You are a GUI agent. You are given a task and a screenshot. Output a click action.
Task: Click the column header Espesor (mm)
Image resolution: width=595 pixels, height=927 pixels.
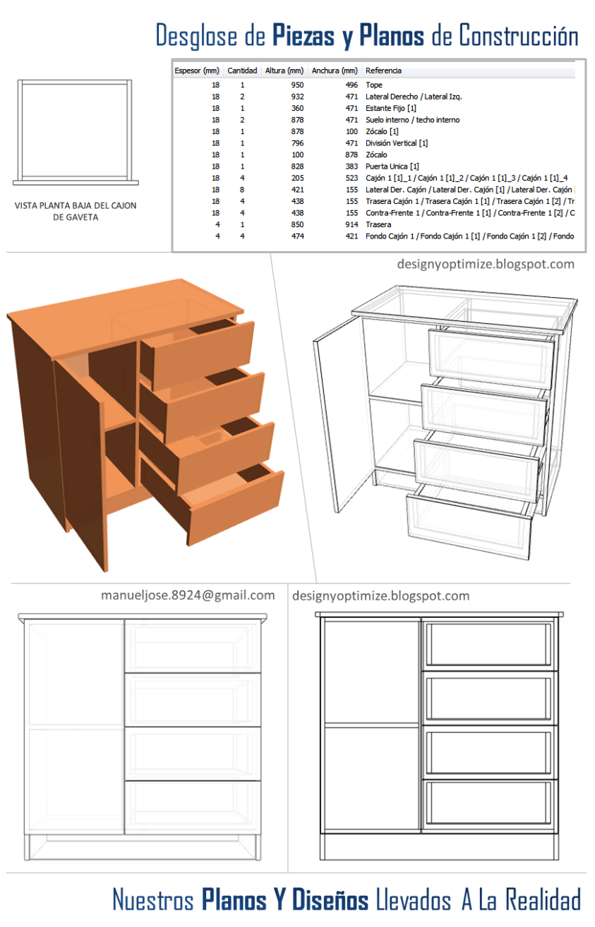pos(197,71)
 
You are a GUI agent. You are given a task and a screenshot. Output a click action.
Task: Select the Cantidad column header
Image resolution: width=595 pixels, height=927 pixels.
pos(242,71)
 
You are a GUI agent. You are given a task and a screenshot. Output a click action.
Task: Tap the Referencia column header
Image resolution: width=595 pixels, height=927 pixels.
pos(383,71)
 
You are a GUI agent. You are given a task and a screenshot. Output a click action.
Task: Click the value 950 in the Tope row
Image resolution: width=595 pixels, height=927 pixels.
pos(297,85)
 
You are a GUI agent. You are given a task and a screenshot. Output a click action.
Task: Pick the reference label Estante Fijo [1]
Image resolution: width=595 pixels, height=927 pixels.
pos(391,108)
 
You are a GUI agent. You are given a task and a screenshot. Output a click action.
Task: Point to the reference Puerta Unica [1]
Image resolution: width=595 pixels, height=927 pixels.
pos(392,166)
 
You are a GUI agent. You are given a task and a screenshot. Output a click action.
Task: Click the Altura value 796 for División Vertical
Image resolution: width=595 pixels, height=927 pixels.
pos(297,143)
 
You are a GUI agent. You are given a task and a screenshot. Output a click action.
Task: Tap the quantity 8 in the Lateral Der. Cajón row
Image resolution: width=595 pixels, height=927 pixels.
pos(242,190)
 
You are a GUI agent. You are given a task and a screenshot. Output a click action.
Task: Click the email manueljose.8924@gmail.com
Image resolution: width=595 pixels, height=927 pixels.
pos(188,595)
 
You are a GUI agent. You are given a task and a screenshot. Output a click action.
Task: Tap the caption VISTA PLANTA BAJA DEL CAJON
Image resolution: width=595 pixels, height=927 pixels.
pos(76,206)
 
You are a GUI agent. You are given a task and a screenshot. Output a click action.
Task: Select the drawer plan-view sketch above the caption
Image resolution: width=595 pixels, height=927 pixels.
pos(76,132)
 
